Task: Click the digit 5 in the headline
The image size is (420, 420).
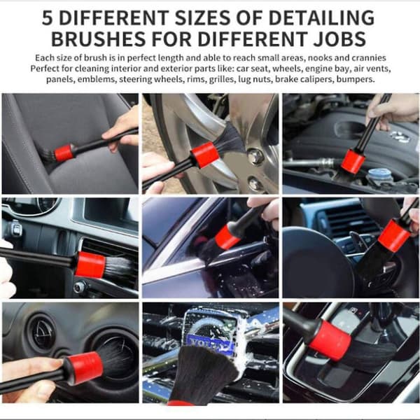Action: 47,18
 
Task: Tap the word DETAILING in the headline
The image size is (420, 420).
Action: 321,18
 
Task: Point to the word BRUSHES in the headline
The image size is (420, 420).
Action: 99,39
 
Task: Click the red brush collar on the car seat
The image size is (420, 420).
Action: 64,153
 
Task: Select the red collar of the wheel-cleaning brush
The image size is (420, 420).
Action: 204,155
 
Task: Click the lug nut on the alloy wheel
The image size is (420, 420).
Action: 255,156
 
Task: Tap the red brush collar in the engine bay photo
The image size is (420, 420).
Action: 353,161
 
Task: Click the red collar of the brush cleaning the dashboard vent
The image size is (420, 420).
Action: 90,265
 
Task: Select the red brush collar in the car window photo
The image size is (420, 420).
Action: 227,237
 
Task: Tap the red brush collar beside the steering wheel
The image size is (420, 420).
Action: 394,236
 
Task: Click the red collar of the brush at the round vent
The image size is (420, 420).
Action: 84,368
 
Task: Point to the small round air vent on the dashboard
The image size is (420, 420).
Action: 43,332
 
